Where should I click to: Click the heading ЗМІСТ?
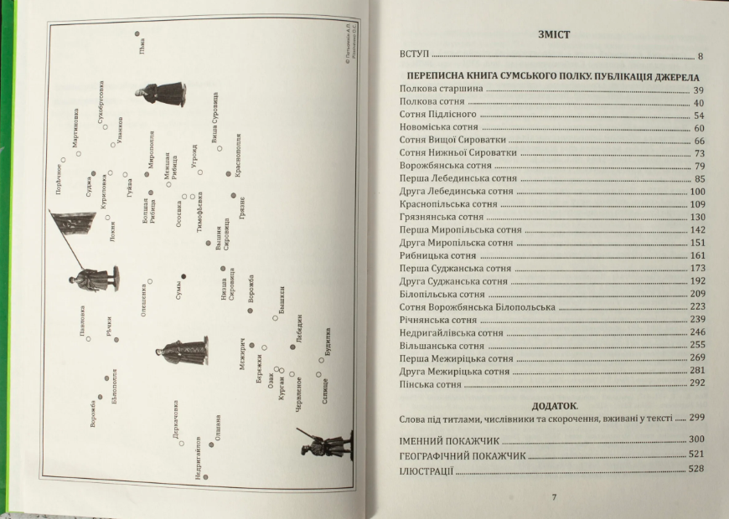click(551, 34)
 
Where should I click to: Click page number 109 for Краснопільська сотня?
click(696, 204)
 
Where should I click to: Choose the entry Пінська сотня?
click(431, 384)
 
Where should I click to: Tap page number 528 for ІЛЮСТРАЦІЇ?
click(695, 472)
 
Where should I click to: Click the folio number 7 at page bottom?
click(554, 497)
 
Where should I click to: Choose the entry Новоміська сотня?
click(440, 127)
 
